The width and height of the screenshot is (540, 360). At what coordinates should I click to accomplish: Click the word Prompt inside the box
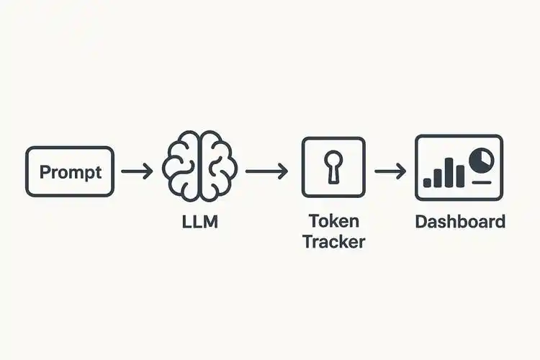click(x=70, y=172)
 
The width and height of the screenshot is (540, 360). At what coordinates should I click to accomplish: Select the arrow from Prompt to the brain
click(x=136, y=171)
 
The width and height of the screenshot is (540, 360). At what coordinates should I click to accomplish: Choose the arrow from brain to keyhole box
click(x=266, y=171)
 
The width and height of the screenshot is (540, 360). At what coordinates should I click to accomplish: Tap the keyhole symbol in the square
click(x=333, y=167)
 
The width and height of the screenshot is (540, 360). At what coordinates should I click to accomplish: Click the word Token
click(x=333, y=220)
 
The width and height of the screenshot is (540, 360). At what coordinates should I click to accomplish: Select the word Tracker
click(x=333, y=240)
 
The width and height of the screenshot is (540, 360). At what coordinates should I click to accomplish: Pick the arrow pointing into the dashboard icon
click(x=391, y=171)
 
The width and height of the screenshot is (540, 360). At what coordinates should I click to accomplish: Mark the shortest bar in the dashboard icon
click(x=427, y=182)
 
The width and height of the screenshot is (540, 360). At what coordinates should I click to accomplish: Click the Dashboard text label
click(x=460, y=220)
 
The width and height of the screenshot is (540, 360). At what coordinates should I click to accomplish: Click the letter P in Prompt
click(x=45, y=172)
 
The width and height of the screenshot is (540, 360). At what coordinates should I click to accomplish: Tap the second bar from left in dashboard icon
click(x=438, y=179)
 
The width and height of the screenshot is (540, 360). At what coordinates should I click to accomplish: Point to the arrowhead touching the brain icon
click(x=148, y=171)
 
